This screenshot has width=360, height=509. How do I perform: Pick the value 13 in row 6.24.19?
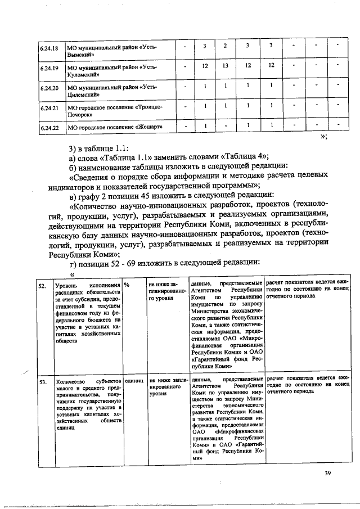pos(225,66)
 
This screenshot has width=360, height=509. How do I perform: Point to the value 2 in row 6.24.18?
pos(225,45)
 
